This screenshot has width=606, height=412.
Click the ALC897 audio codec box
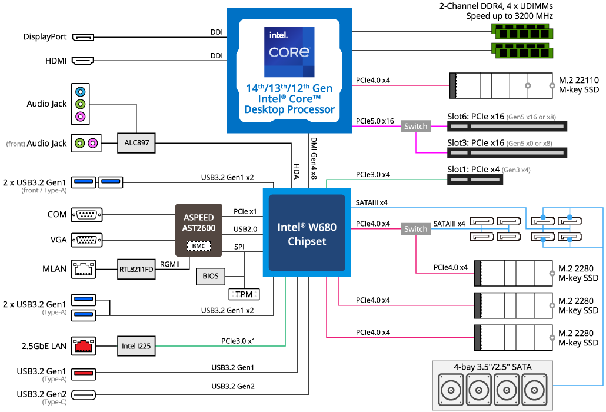pos(136,143)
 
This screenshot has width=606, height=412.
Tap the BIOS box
pos(210,276)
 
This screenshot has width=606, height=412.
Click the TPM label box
pos(244,294)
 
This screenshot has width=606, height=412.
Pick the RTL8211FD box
pos(136,270)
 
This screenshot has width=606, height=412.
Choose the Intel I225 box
pos(136,346)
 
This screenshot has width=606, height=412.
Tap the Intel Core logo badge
pos(289,51)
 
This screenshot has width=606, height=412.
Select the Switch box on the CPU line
pos(415,126)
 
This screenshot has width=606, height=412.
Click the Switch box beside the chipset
pos(415,229)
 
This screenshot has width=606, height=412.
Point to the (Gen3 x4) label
pos(516,170)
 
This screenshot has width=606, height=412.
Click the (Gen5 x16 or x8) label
pos(531,117)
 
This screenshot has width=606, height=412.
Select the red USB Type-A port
pos(84,374)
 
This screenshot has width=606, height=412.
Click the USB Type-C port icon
pos(84,395)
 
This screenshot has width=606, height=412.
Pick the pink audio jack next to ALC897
pos(92,143)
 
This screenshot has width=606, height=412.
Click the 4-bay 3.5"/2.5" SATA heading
pos(492,367)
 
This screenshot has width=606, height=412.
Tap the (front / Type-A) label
pos(44,190)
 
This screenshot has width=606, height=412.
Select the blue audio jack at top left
pos(81,92)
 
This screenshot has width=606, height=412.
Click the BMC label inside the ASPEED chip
pos(199,246)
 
